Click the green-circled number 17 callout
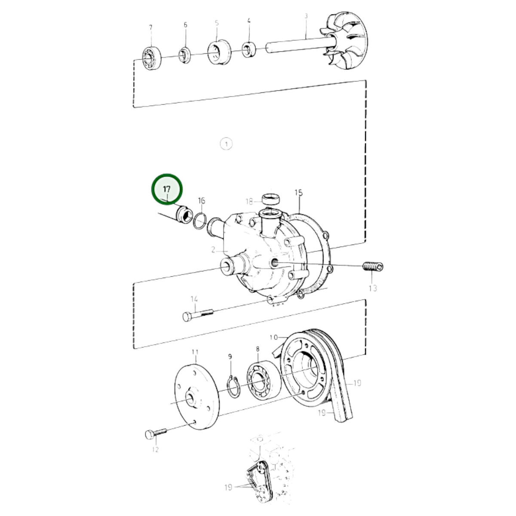click(x=166, y=189)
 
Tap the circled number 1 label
click(x=226, y=144)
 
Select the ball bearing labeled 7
click(x=151, y=58)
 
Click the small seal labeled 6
click(x=185, y=55)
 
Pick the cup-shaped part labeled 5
click(x=219, y=52)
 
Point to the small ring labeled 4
click(x=249, y=49)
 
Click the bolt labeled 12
click(x=156, y=433)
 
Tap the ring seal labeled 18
click(x=270, y=199)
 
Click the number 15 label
click(x=298, y=193)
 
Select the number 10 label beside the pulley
click(x=273, y=338)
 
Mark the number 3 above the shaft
click(x=306, y=16)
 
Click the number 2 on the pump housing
click(x=213, y=250)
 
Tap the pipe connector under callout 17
click(x=184, y=214)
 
